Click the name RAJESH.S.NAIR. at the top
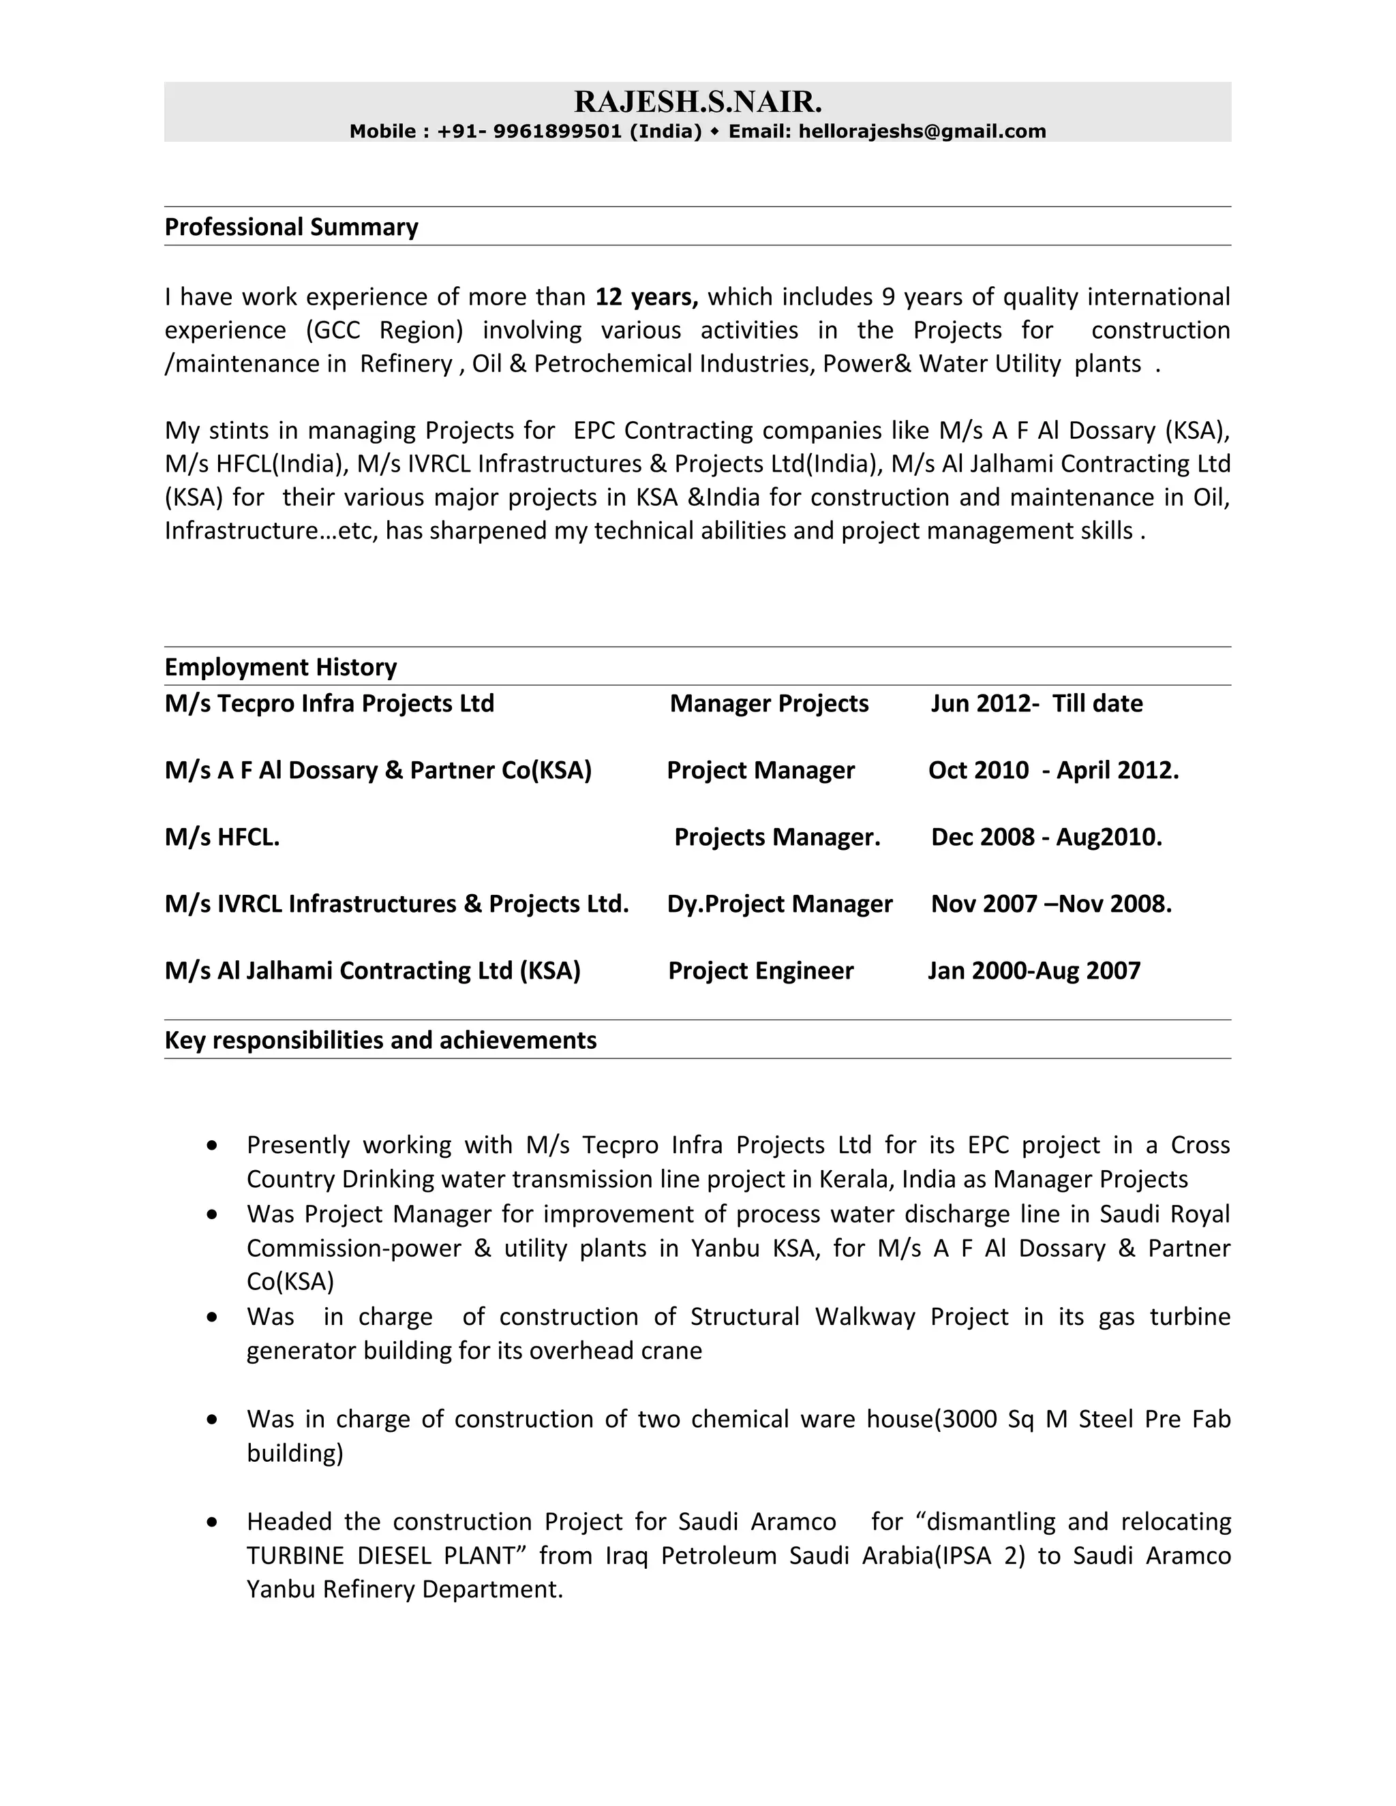(698, 102)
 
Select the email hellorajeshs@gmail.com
(922, 132)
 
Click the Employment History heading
(280, 667)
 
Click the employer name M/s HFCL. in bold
(222, 837)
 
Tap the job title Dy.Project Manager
(779, 904)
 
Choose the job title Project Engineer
(760, 970)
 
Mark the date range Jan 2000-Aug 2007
(1034, 970)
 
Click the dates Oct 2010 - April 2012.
(1052, 770)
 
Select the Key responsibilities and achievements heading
(380, 1039)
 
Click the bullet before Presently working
(213, 1146)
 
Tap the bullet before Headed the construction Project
(213, 1522)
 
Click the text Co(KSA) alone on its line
(290, 1281)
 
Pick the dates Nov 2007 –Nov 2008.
(1051, 904)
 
